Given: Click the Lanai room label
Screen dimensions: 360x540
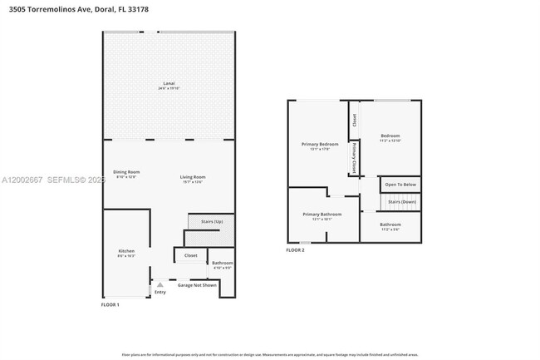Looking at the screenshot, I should coord(169,86).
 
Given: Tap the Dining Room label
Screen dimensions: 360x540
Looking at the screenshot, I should coord(126,174).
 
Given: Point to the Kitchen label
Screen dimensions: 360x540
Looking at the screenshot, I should coord(126,252).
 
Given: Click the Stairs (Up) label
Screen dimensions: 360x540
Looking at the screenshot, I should coord(212,222).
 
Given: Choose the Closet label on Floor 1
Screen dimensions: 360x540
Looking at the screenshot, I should coord(190,255).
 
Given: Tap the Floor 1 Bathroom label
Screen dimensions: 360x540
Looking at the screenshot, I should coord(223,264).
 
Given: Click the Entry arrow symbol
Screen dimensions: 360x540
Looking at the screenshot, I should coord(160,284).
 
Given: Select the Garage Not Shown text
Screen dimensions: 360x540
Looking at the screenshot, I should coord(197,285).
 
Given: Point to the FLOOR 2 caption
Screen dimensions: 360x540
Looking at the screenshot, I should coord(295,250).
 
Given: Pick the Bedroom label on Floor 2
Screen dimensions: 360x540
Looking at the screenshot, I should coord(390,136).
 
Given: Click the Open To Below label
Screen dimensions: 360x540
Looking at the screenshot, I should coord(400,184).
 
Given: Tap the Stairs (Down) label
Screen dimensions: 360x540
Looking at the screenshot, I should coord(402,201).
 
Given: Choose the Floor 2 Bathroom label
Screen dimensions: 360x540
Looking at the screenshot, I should coord(390,225).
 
